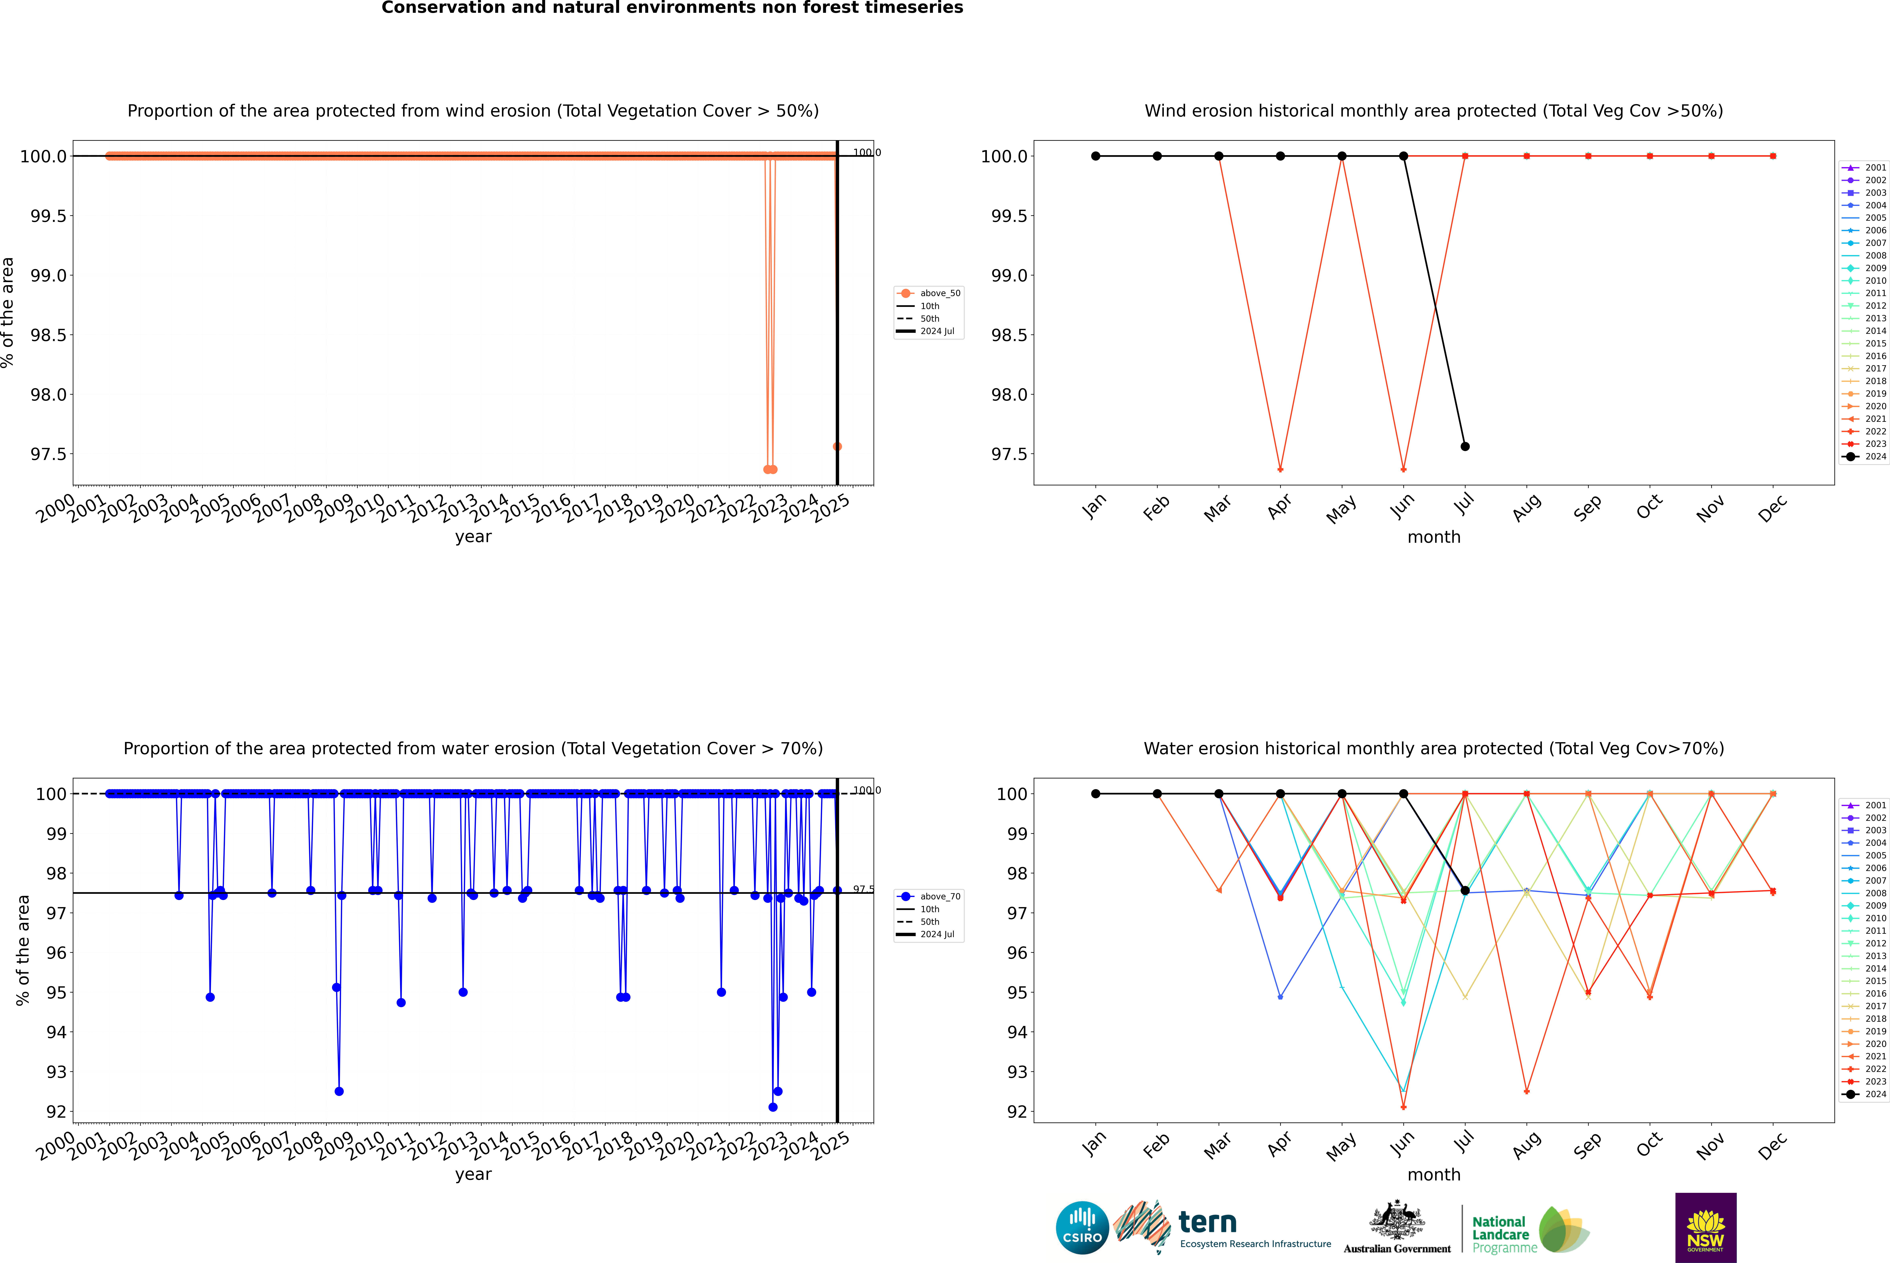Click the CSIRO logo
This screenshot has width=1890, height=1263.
(x=1082, y=1228)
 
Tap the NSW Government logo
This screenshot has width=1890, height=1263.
(x=1705, y=1228)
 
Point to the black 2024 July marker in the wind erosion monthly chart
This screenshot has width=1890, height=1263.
(x=1465, y=446)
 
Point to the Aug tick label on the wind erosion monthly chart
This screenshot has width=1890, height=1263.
(x=1527, y=507)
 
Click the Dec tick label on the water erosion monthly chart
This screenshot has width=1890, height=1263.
(x=1772, y=1145)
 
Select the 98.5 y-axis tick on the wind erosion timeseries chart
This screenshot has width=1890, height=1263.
(x=48, y=335)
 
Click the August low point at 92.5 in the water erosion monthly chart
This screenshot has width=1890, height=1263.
(x=1527, y=1091)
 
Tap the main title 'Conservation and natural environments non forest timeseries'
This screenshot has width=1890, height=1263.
(x=672, y=8)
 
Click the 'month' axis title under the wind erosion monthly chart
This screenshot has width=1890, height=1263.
(x=1433, y=537)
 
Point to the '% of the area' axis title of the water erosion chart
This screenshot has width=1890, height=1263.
(x=23, y=951)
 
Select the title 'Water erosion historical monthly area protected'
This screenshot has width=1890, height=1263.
(x=1433, y=748)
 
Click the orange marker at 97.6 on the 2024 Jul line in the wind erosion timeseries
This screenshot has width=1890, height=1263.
(x=837, y=446)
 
